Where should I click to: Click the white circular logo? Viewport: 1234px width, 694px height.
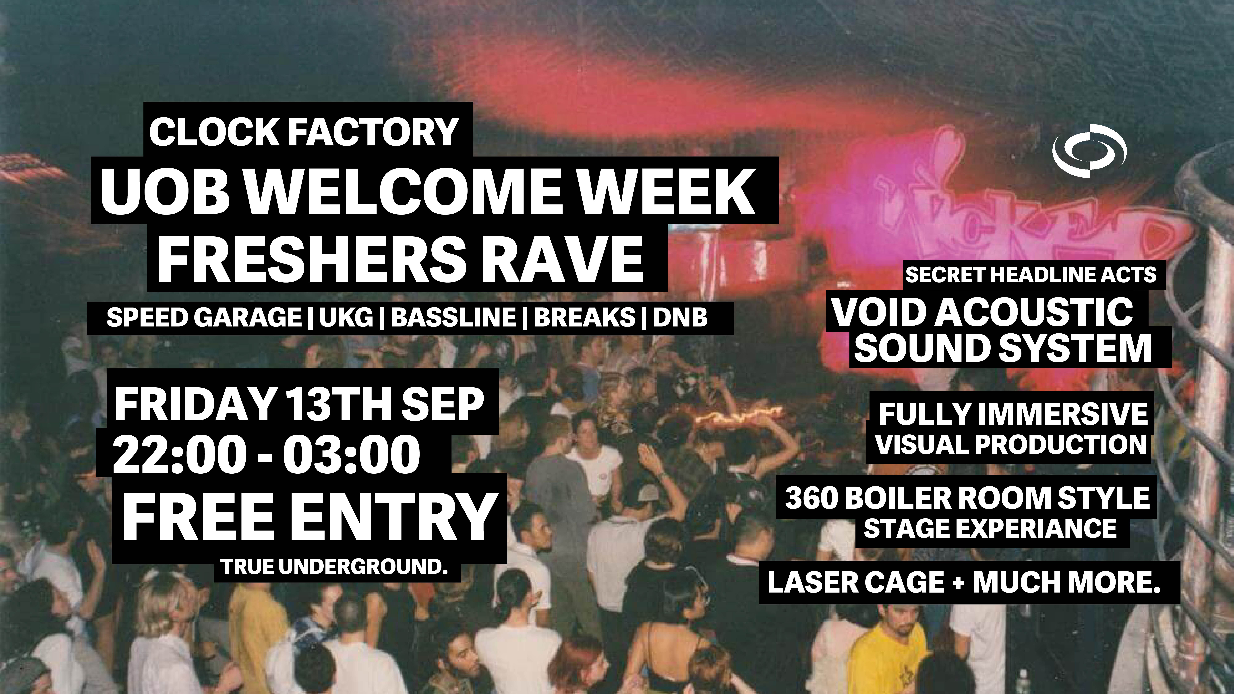1089,150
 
